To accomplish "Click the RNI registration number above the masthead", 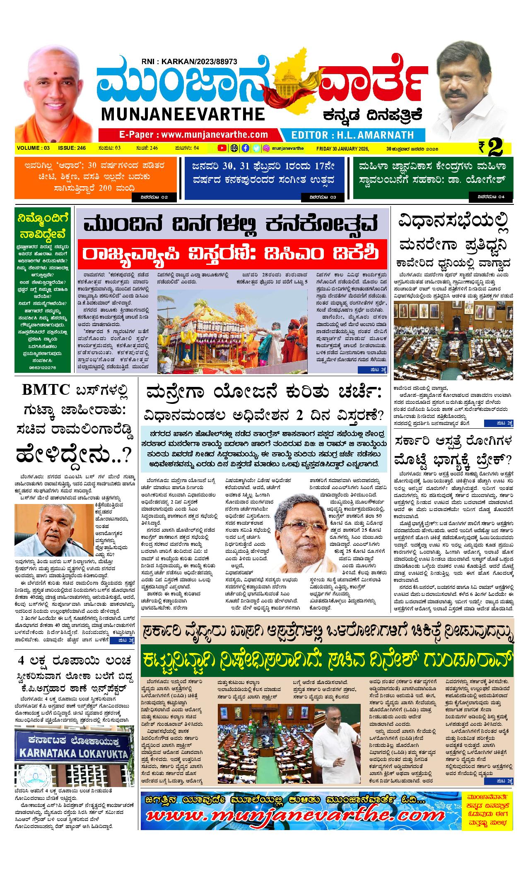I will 189,61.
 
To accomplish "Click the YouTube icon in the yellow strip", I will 222,148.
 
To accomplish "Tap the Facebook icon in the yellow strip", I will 245,148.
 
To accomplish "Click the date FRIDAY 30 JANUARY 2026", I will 342,148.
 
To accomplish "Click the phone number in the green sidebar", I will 40,367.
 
